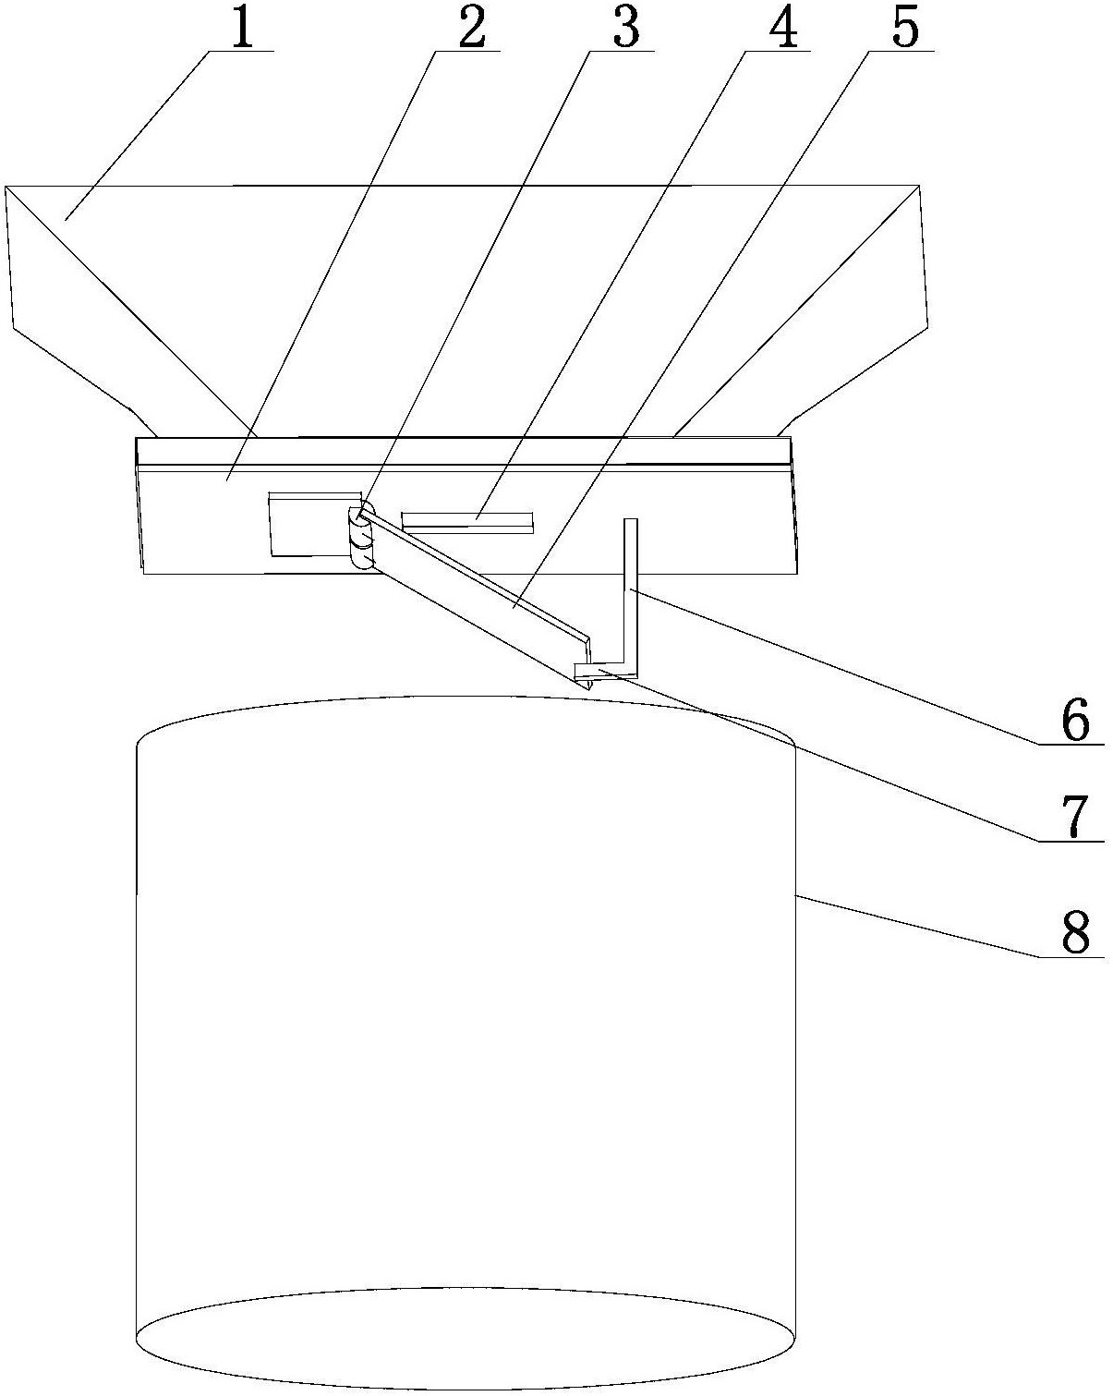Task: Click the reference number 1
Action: (241, 29)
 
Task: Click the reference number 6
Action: (1075, 720)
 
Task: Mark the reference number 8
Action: (1075, 933)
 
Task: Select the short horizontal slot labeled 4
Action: (467, 521)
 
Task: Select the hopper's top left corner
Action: (7, 188)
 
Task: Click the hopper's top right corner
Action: (919, 187)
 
